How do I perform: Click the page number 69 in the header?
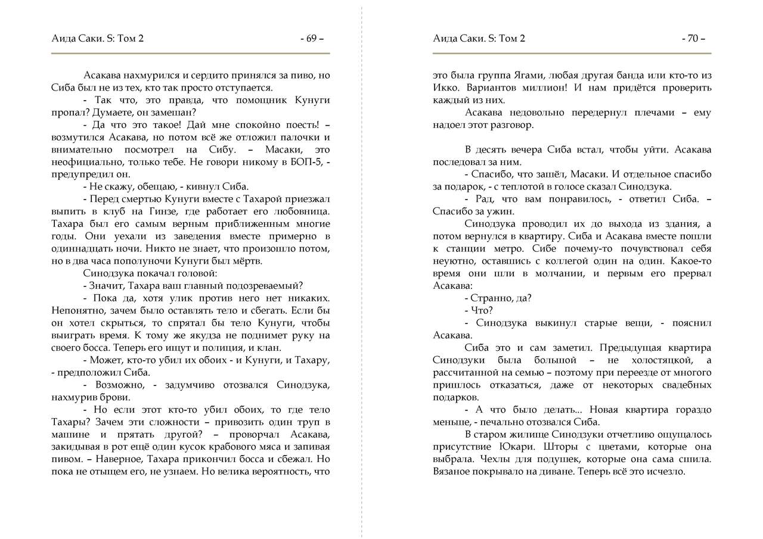(x=311, y=39)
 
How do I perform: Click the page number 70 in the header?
(x=693, y=39)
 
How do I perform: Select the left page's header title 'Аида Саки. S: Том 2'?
(x=98, y=39)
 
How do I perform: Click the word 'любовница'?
(x=304, y=211)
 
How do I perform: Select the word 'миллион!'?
(x=539, y=88)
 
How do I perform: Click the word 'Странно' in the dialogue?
(x=489, y=298)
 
